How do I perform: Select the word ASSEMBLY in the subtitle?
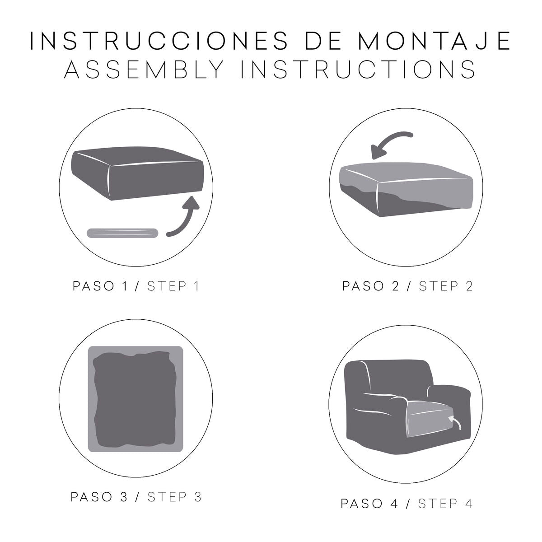pos(144,70)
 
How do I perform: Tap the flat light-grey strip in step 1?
pos(122,233)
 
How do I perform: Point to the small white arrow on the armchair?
pos(456,422)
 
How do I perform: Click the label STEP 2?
pos(445,286)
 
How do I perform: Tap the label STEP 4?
pos(445,504)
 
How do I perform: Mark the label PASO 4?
pos(369,504)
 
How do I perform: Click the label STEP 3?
pos(174,497)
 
